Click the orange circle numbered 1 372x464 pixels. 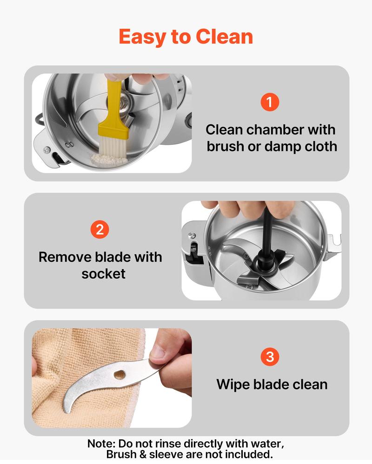[x=270, y=102]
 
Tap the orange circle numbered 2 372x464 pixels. [x=100, y=229]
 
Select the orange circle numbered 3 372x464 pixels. [x=270, y=356]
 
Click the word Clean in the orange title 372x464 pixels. [x=224, y=37]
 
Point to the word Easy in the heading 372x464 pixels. [x=142, y=38]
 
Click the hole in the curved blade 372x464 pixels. [x=120, y=375]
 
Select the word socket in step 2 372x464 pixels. [x=103, y=274]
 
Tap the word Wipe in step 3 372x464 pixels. [x=233, y=385]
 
